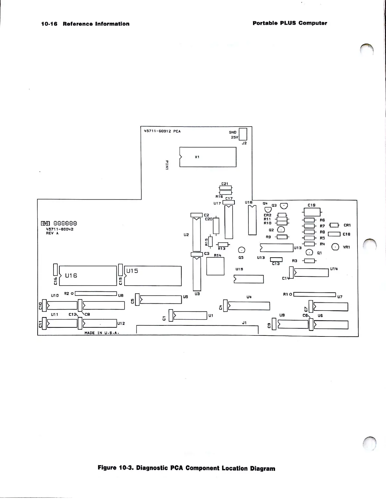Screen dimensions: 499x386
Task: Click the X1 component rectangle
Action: tap(208, 157)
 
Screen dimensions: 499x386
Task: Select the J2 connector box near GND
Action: tap(243, 134)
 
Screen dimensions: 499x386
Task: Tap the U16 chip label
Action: tap(71, 275)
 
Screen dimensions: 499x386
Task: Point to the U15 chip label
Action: tap(132, 271)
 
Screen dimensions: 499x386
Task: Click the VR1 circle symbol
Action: tap(335, 247)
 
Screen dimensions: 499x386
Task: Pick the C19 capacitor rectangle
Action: tap(311, 212)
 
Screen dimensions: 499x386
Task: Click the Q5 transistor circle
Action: tap(241, 250)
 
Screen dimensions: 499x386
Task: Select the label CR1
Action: tap(347, 225)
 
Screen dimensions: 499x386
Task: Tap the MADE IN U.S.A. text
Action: tap(99, 333)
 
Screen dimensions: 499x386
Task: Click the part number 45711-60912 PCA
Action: tap(162, 131)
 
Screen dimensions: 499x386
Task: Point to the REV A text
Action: tap(52, 233)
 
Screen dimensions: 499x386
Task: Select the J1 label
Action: tap(244, 323)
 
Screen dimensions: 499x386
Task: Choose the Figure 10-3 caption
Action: tap(186, 468)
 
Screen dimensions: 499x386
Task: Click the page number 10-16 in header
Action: tap(49, 24)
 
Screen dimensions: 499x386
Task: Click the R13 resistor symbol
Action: tap(223, 244)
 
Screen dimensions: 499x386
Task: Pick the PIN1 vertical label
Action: tap(167, 164)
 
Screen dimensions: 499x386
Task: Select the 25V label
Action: tap(234, 137)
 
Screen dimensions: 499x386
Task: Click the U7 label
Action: tap(340, 297)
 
